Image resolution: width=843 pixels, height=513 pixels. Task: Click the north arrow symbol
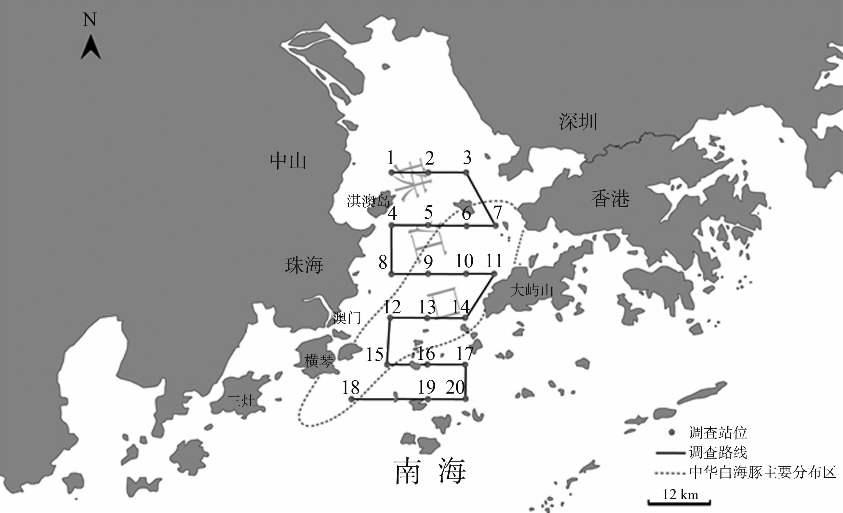(x=91, y=48)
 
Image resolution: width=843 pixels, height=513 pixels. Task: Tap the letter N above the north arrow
(x=90, y=20)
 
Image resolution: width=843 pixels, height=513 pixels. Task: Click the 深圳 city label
(x=578, y=122)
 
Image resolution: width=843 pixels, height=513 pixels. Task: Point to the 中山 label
(x=288, y=161)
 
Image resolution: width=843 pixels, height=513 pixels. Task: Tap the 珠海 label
(x=304, y=265)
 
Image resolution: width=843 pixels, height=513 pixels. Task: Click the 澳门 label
(x=347, y=318)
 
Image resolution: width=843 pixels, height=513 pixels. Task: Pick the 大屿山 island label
(x=531, y=291)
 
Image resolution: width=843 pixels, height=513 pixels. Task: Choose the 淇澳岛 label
(x=368, y=201)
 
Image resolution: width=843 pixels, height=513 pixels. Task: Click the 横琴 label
(x=318, y=361)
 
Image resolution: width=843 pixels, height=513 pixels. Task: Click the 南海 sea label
(x=430, y=471)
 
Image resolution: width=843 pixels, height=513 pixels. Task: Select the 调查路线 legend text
(x=718, y=452)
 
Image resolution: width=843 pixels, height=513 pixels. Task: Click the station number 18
(x=351, y=387)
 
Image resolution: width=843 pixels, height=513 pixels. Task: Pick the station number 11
(x=494, y=261)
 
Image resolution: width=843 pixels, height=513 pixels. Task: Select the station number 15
(x=375, y=354)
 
